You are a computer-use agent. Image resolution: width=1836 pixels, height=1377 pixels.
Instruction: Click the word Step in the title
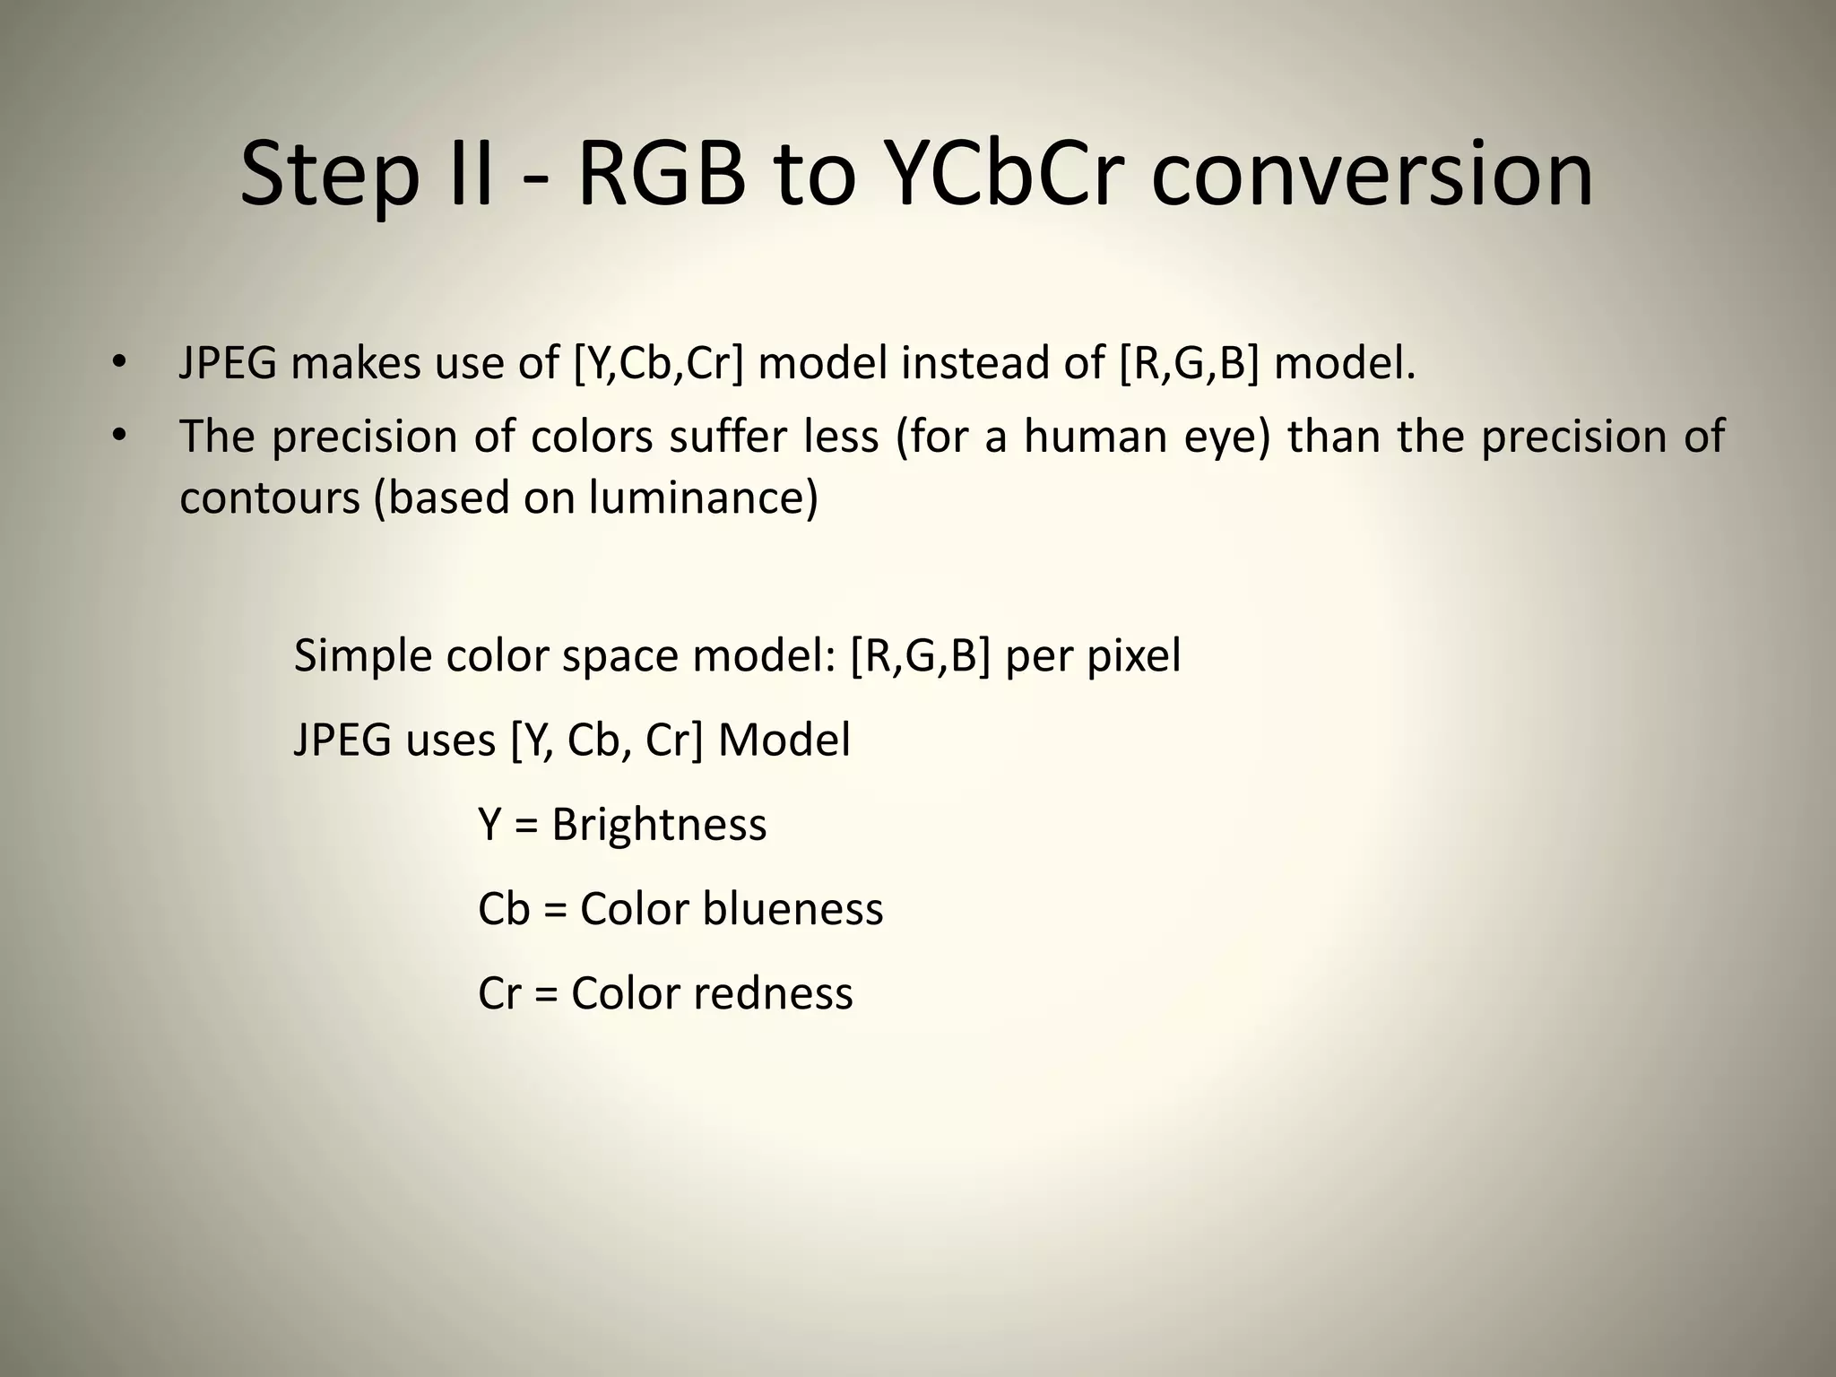pos(330,176)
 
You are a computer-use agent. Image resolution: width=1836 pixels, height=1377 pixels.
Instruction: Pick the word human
pos(1096,437)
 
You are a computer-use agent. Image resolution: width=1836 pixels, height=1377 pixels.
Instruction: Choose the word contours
pos(269,498)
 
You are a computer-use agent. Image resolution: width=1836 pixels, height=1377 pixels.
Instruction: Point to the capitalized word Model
pos(784,740)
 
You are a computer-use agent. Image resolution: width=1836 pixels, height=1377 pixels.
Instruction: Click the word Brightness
pos(659,825)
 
